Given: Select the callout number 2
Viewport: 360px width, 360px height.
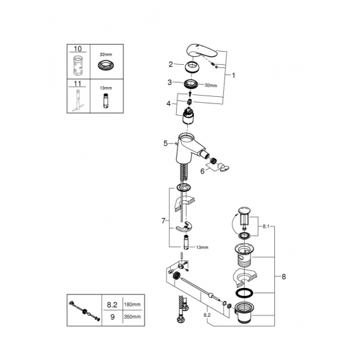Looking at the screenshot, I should [x=170, y=64].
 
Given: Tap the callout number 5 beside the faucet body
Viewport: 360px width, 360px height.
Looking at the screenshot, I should [x=166, y=142].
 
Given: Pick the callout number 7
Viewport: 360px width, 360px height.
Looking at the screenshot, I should [x=164, y=221].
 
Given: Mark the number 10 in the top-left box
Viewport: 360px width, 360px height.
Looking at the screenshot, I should [x=78, y=49].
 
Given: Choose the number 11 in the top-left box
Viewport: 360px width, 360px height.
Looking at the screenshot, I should [x=78, y=84].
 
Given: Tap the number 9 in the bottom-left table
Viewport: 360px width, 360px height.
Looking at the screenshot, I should [x=113, y=317].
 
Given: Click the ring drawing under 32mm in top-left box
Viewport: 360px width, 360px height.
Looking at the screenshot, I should [x=105, y=65].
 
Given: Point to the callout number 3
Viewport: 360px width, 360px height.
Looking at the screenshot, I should [x=170, y=83].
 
